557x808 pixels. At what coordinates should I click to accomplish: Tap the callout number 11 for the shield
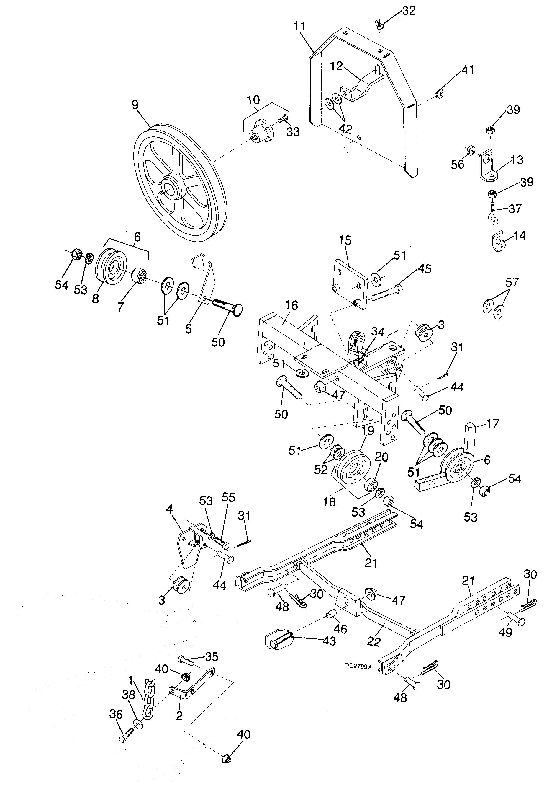299,27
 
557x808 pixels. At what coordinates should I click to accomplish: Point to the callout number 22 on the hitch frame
374,641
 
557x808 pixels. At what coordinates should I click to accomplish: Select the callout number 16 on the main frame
292,305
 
